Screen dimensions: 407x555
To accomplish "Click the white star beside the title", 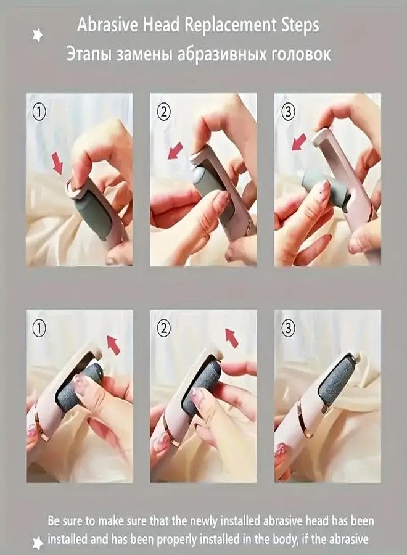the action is click(x=38, y=35).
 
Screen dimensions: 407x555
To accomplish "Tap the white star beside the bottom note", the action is click(x=38, y=543).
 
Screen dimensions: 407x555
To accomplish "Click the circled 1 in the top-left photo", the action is click(x=39, y=112).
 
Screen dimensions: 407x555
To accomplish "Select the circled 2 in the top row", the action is click(x=163, y=112).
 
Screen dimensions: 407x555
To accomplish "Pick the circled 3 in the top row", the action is click(x=288, y=112).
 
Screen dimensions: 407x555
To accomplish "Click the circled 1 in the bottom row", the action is click(x=39, y=329).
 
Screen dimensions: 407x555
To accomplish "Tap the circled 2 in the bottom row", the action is click(x=163, y=329).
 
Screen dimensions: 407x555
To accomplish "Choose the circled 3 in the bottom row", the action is click(x=288, y=329).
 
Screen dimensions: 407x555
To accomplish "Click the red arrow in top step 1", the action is click(x=57, y=163).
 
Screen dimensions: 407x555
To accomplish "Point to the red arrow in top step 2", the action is click(x=175, y=151).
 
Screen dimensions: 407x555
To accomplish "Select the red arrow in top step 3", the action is click(x=299, y=142).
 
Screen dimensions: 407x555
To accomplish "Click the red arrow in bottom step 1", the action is click(x=113, y=345).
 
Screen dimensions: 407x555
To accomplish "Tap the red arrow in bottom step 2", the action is click(x=232, y=338).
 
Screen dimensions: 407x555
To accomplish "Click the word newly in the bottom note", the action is click(x=204, y=521).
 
